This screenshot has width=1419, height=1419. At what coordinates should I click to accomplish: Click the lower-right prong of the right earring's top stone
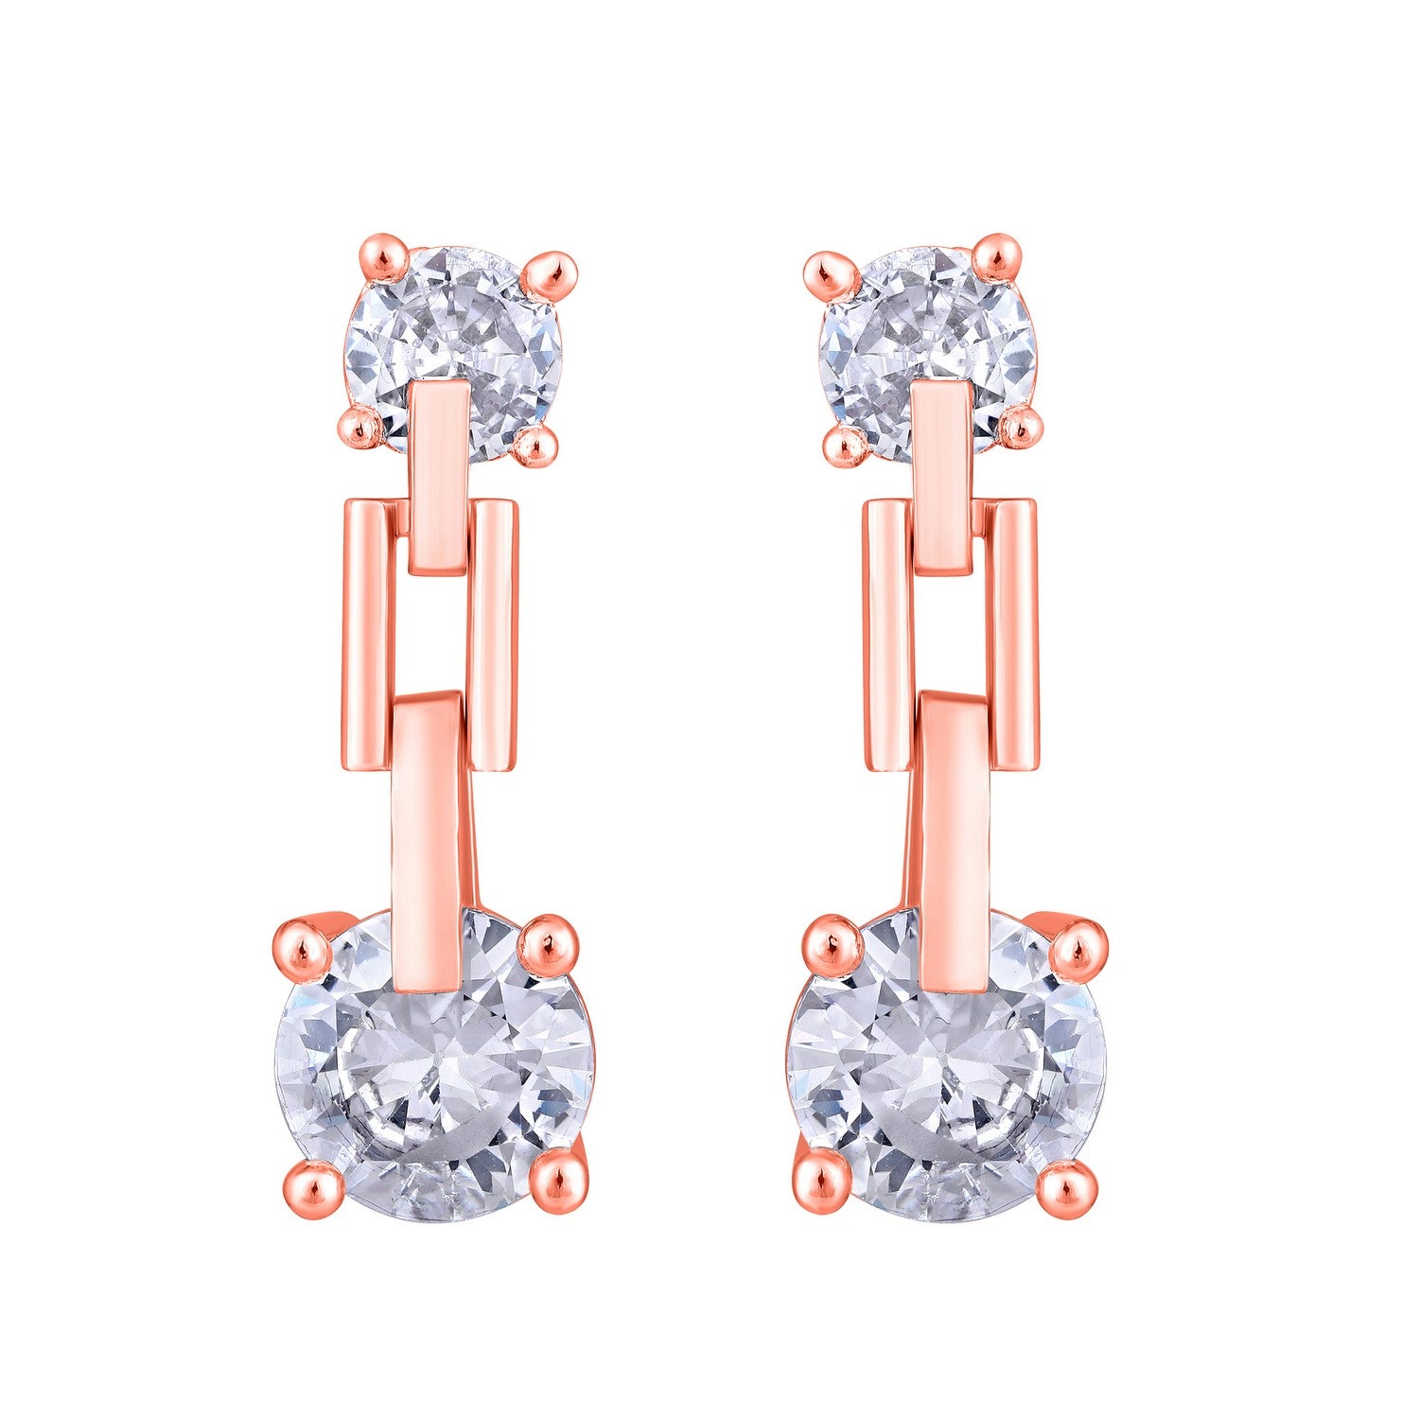coord(1020,428)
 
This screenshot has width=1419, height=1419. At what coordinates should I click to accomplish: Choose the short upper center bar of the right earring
coord(941,478)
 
